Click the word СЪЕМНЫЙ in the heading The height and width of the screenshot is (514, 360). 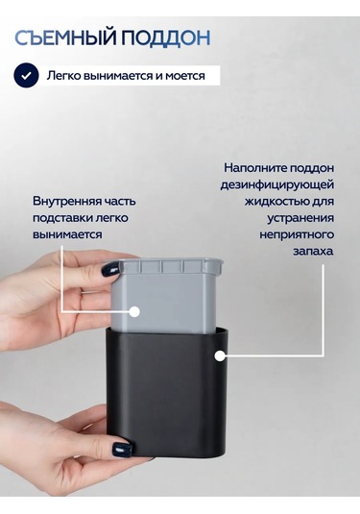(66, 37)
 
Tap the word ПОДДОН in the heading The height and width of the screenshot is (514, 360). (166, 38)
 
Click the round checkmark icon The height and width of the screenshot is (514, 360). (26, 76)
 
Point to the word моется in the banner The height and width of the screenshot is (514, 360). (185, 76)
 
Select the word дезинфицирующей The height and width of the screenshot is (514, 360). (277, 184)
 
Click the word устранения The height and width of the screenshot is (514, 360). (300, 218)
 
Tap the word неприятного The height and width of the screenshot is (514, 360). (297, 234)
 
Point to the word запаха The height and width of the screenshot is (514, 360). (313, 252)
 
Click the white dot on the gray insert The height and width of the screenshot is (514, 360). (134, 311)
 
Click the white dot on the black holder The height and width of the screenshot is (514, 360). (221, 356)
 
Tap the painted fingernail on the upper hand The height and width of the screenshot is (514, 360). (110, 271)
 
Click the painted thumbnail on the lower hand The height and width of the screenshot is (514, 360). (123, 449)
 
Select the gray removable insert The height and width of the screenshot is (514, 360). (166, 296)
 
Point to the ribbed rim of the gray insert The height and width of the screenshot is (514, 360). (169, 266)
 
